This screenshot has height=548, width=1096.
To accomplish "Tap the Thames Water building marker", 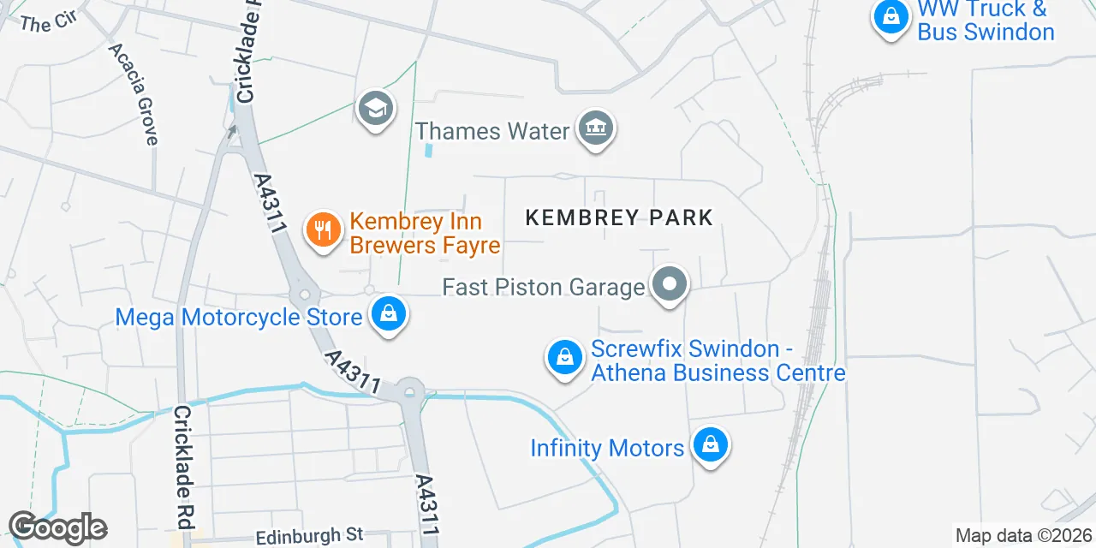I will [x=595, y=128].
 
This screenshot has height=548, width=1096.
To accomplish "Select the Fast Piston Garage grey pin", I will [x=670, y=284].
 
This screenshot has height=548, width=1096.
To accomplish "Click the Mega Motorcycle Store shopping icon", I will [x=389, y=314].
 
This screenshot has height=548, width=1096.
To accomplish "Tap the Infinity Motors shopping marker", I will [x=710, y=445].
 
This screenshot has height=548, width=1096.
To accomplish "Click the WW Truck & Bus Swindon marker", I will [x=891, y=16].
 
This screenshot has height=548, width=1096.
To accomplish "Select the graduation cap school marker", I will [x=375, y=109].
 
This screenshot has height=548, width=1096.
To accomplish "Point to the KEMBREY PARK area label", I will [x=619, y=217].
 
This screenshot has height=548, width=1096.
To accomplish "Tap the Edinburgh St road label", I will [x=310, y=535].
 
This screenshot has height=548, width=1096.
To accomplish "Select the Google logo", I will [x=57, y=527].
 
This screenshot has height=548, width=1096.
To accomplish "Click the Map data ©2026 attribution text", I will [x=1023, y=536].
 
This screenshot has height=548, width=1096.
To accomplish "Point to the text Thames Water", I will [x=492, y=131].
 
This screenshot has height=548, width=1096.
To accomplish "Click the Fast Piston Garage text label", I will [x=543, y=287].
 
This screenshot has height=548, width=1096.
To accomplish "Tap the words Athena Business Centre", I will [x=718, y=373].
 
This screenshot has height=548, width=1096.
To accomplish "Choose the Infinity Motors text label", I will [x=607, y=448].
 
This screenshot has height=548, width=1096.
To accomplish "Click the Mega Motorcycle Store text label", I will [x=239, y=318].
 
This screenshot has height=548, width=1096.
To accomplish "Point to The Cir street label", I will [x=48, y=23].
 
